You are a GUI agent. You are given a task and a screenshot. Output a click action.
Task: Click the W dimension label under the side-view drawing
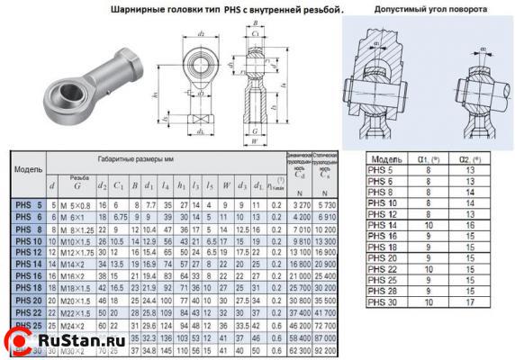pyautogui.click(x=257, y=140)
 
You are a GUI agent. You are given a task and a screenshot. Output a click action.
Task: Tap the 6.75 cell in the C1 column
pyautogui.click(x=119, y=217)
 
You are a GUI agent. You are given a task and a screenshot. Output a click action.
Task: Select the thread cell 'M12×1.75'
pyautogui.click(x=77, y=255)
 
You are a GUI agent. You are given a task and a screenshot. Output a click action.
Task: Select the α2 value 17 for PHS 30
pyautogui.click(x=476, y=302)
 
